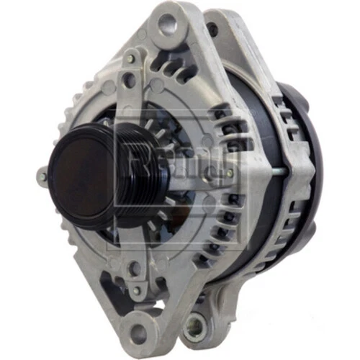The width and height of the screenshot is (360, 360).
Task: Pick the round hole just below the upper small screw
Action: [129, 75]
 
